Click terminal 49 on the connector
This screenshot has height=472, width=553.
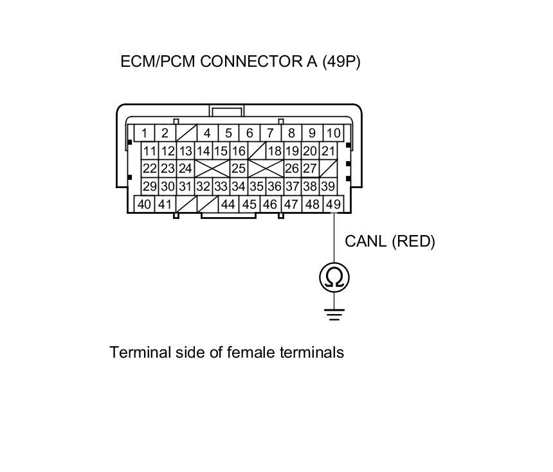click(333, 204)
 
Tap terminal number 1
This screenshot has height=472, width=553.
click(145, 133)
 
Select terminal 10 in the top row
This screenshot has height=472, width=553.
click(333, 133)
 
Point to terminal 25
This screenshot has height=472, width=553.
click(239, 169)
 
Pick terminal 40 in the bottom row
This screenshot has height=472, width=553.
click(145, 204)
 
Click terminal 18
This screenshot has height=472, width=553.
click(275, 151)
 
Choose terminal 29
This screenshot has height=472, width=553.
click(150, 186)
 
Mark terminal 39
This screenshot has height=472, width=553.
click(327, 186)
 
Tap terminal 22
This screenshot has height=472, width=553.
click(150, 169)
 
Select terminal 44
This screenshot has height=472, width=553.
click(228, 204)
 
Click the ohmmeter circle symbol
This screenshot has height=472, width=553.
click(334, 277)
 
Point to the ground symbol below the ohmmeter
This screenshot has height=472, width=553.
click(334, 314)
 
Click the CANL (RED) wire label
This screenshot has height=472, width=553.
click(390, 241)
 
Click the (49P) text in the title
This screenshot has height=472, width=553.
click(341, 62)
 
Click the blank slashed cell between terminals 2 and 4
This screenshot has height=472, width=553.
click(186, 133)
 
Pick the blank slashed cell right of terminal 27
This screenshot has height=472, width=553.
click(328, 169)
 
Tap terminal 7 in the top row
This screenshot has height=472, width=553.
click(270, 133)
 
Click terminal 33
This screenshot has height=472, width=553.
click(221, 186)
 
